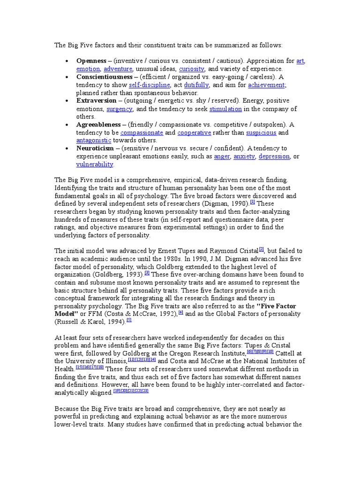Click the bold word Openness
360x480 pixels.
pyautogui.click(x=91, y=61)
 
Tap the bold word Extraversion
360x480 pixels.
pyautogui.click(x=96, y=101)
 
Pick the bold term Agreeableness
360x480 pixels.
pyautogui.click(x=98, y=125)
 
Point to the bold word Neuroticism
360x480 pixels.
pyautogui.click(x=95, y=149)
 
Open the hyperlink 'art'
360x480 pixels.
pyautogui.click(x=300, y=61)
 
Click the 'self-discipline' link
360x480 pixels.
pyautogui.click(x=149, y=85)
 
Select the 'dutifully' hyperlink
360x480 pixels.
pyautogui.click(x=196, y=85)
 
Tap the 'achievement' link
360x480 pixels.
pyautogui.click(x=266, y=85)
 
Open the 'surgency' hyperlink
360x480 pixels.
pyautogui.click(x=120, y=109)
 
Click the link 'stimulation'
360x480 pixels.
pyautogui.click(x=225, y=109)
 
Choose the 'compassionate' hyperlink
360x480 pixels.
pyautogui.click(x=141, y=133)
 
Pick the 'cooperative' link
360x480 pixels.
pyautogui.click(x=194, y=133)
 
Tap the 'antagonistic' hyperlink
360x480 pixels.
pyautogui.click(x=94, y=140)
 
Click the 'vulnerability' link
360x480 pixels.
pyautogui.click(x=95, y=164)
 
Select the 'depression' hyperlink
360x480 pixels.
pyautogui.click(x=274, y=156)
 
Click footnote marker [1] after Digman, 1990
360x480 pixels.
pyautogui.click(x=253, y=202)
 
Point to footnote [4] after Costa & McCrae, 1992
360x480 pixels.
pyautogui.click(x=181, y=312)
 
